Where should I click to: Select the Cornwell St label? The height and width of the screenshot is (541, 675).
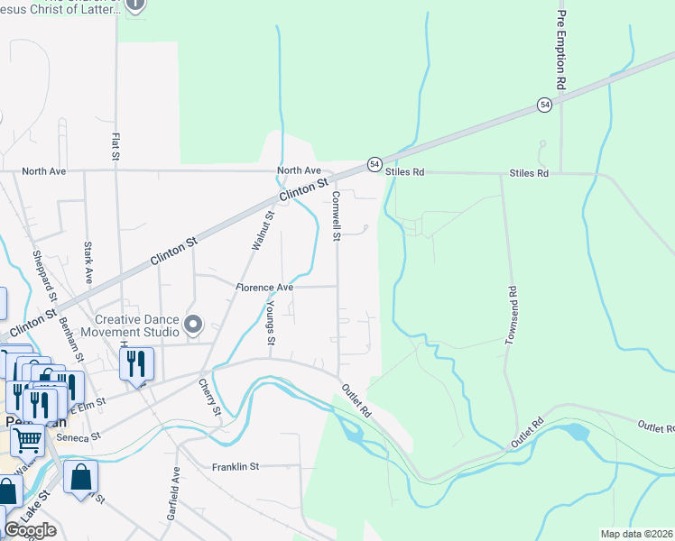[x=336, y=215]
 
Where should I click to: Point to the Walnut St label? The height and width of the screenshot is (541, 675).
[x=263, y=229]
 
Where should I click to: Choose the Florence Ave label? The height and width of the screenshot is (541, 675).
[x=265, y=287]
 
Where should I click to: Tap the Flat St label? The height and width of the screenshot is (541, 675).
[x=116, y=147]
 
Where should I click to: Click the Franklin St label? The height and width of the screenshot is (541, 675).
[x=236, y=466]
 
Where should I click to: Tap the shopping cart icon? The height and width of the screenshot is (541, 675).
[x=28, y=441]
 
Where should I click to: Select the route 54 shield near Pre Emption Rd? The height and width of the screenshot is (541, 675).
[x=544, y=105]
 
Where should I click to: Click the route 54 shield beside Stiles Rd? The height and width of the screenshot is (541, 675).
[x=374, y=164]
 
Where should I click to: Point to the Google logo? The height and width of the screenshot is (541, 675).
[x=30, y=530]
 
